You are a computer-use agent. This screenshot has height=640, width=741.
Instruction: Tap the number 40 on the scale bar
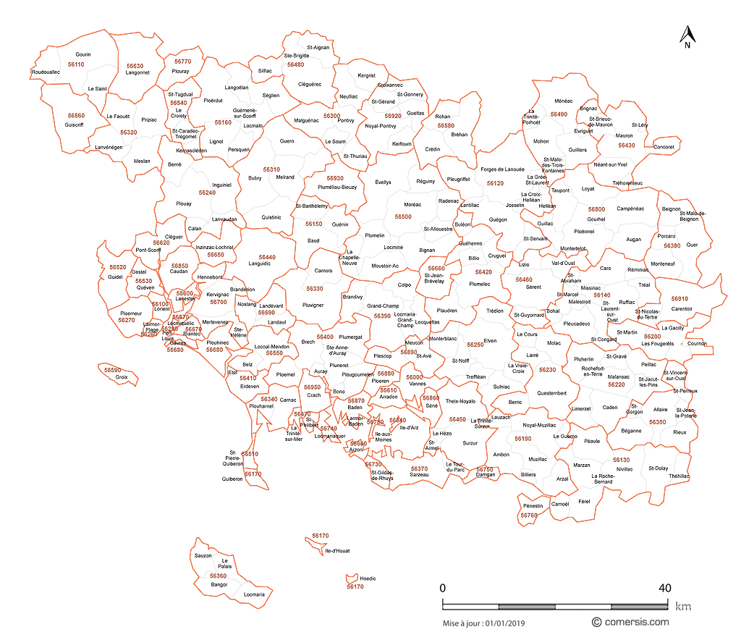[664, 587]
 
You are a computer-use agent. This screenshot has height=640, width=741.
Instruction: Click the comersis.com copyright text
[630, 622]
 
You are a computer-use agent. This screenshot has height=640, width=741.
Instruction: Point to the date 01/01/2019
[506, 623]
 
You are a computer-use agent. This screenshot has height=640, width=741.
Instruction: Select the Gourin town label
[83, 55]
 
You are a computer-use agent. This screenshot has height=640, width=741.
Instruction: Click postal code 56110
[75, 64]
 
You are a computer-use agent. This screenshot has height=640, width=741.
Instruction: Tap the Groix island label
[122, 377]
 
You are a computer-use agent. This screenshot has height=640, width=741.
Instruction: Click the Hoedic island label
[368, 578]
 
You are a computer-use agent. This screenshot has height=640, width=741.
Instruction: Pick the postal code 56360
[218, 576]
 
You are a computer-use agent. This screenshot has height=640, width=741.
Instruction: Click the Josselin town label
[515, 205]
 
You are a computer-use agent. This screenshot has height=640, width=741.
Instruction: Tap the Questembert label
[552, 393]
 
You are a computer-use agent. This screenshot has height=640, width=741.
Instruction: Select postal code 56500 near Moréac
[403, 216]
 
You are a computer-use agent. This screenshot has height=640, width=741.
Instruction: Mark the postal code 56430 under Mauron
[627, 146]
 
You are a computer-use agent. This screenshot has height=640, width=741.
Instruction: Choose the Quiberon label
[232, 479]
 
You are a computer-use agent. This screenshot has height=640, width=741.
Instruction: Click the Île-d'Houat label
[338, 550]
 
